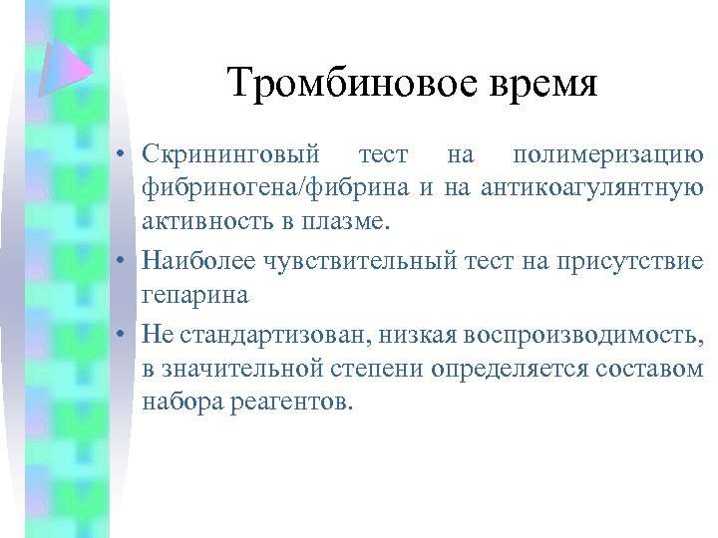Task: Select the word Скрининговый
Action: pos(230,156)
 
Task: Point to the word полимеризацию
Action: pos(607,156)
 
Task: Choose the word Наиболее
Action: pos(199,261)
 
